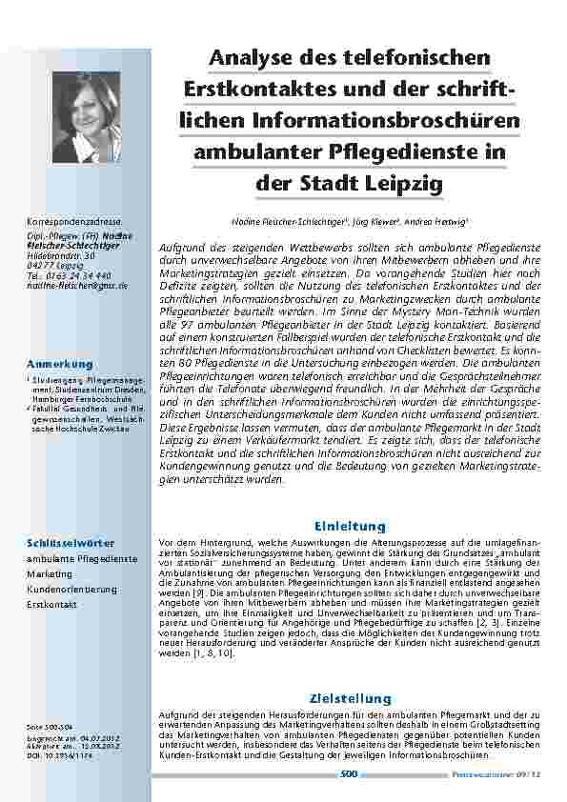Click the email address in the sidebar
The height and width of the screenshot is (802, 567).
[77, 285]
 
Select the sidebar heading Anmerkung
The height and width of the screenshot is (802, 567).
[60, 365]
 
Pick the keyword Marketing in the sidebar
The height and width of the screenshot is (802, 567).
[49, 574]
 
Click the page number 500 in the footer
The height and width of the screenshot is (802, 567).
[348, 774]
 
